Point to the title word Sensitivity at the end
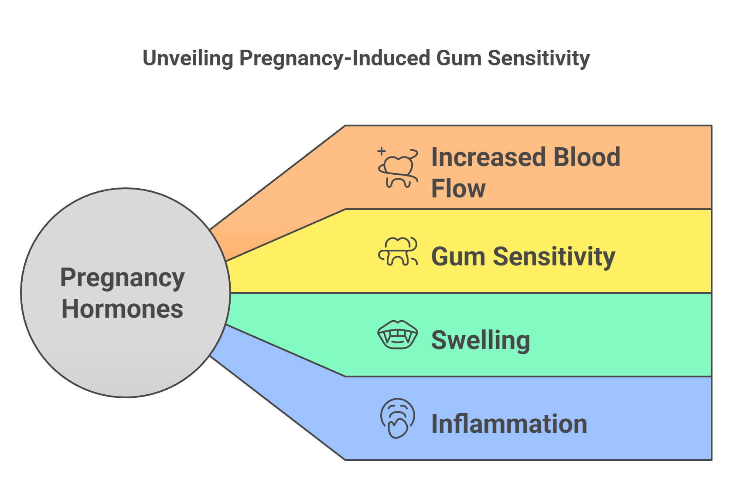539,58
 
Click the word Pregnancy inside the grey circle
123,278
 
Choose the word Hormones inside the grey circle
123,309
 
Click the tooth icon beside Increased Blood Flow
398,169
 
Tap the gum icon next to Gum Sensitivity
398,252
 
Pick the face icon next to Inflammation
397,418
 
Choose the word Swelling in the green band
481,340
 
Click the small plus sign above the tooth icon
382,151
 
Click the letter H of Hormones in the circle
69,309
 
